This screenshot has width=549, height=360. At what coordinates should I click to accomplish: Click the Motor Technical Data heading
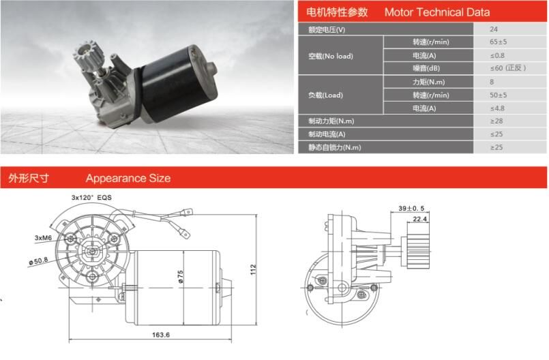(x=436, y=12)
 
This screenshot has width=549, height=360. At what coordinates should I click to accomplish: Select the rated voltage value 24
(x=493, y=29)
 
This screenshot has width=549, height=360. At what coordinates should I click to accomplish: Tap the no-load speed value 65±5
(x=499, y=42)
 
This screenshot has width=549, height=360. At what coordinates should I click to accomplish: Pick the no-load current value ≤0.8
(x=497, y=55)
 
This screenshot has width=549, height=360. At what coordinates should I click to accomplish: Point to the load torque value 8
(x=492, y=82)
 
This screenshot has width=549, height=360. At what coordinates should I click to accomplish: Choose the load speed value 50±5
(x=499, y=95)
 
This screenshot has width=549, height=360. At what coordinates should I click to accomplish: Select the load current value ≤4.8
(x=497, y=108)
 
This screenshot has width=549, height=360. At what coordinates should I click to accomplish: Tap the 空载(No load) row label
(x=331, y=56)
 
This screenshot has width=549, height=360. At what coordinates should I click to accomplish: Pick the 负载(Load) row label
(x=326, y=95)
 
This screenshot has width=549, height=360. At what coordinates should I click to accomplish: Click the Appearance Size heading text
(x=128, y=179)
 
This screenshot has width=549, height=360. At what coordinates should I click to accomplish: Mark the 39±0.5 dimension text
(x=412, y=208)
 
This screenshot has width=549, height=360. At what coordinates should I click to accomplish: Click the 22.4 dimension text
(x=419, y=219)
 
